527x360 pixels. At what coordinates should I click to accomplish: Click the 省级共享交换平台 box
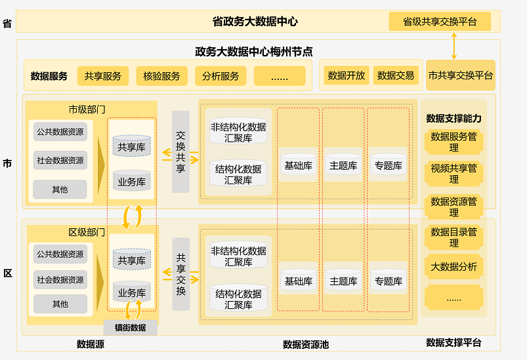439,21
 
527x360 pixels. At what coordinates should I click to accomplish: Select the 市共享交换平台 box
460,75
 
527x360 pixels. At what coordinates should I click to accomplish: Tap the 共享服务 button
103,76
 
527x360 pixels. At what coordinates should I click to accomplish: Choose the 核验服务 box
161,76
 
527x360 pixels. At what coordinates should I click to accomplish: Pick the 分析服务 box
221,76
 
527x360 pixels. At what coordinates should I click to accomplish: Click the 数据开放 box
347,75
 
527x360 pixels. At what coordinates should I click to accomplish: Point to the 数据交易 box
396,75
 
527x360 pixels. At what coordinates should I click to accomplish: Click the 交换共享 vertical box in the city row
180,151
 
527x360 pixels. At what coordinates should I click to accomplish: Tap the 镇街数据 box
130,328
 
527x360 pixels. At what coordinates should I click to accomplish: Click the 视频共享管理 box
453,174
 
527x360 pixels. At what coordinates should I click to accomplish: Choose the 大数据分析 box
453,267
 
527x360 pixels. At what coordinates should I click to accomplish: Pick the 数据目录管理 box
453,237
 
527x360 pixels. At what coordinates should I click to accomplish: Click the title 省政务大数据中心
255,22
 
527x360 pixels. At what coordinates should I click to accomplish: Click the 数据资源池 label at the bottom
306,344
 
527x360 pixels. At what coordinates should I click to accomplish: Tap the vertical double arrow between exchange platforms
454,45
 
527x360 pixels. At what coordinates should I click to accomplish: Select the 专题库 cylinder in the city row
388,166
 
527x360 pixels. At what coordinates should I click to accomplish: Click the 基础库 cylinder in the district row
298,281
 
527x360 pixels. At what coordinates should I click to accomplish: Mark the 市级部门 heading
87,109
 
